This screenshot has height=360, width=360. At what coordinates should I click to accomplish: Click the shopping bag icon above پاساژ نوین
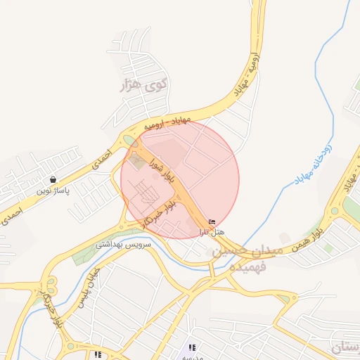click(x=53, y=179)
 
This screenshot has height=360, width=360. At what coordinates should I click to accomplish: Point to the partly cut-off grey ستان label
click(x=346, y=347)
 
